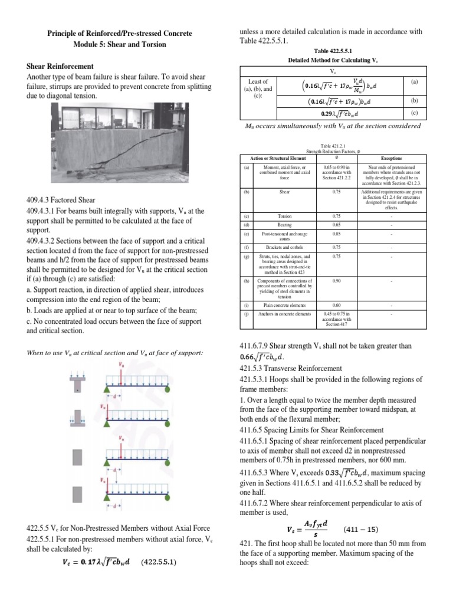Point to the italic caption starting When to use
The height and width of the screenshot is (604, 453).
116,353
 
